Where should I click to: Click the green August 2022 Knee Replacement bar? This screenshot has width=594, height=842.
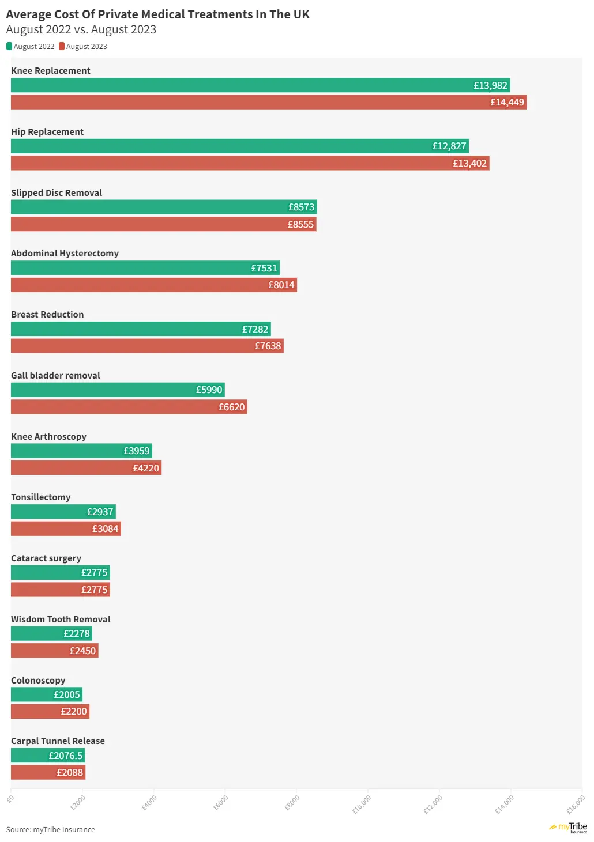(x=260, y=85)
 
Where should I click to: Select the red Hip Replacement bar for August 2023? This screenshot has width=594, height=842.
(x=249, y=163)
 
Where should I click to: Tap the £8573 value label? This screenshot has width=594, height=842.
(x=301, y=207)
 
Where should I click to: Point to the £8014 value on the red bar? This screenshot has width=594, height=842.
(x=281, y=285)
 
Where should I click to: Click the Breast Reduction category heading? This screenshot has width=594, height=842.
(x=47, y=315)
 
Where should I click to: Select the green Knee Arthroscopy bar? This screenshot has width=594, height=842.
(x=81, y=451)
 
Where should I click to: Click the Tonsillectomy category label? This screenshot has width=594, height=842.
(x=40, y=497)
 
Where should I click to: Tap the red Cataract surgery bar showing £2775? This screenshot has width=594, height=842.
(x=60, y=590)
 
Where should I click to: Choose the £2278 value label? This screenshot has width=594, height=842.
(x=77, y=634)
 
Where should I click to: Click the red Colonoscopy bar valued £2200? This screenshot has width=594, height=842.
(x=50, y=712)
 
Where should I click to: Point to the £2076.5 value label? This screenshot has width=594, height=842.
(x=65, y=756)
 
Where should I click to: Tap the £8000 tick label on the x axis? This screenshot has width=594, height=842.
(x=292, y=802)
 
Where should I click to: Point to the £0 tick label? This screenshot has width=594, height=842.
(x=10, y=799)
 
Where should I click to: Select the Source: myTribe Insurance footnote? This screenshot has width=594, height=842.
(x=51, y=830)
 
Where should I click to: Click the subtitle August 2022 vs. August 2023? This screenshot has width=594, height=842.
(x=81, y=29)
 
